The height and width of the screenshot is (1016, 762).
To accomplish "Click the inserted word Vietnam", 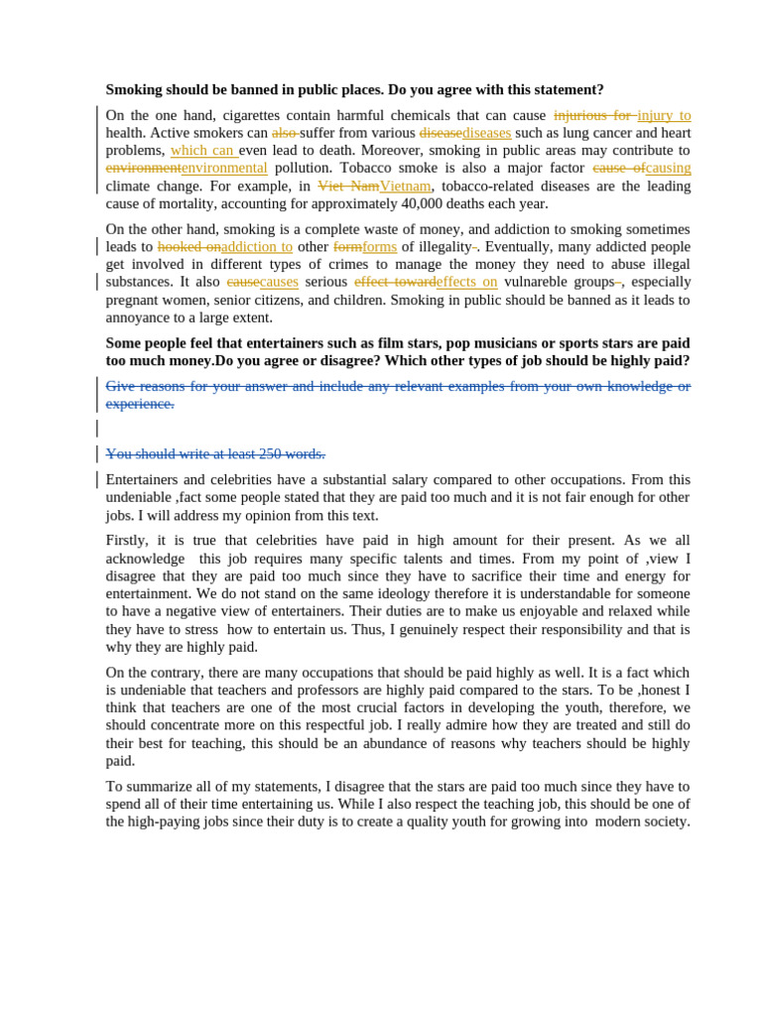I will click(405, 186).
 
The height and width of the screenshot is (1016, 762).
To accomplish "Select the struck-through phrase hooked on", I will click(189, 246).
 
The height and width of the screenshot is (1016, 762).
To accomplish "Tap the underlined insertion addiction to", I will click(257, 246).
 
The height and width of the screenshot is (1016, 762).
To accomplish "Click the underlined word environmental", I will click(224, 168).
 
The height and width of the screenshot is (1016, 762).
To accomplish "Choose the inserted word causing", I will click(668, 168).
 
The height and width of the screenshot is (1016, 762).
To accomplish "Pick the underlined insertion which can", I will click(202, 150).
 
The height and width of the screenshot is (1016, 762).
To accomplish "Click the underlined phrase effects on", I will click(467, 282).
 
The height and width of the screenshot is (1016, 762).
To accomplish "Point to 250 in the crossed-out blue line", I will click(272, 453).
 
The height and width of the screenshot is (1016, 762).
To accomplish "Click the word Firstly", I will click(127, 541).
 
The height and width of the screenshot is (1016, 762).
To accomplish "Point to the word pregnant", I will click(134, 300).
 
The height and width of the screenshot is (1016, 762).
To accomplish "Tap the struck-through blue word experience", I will click(140, 404).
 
